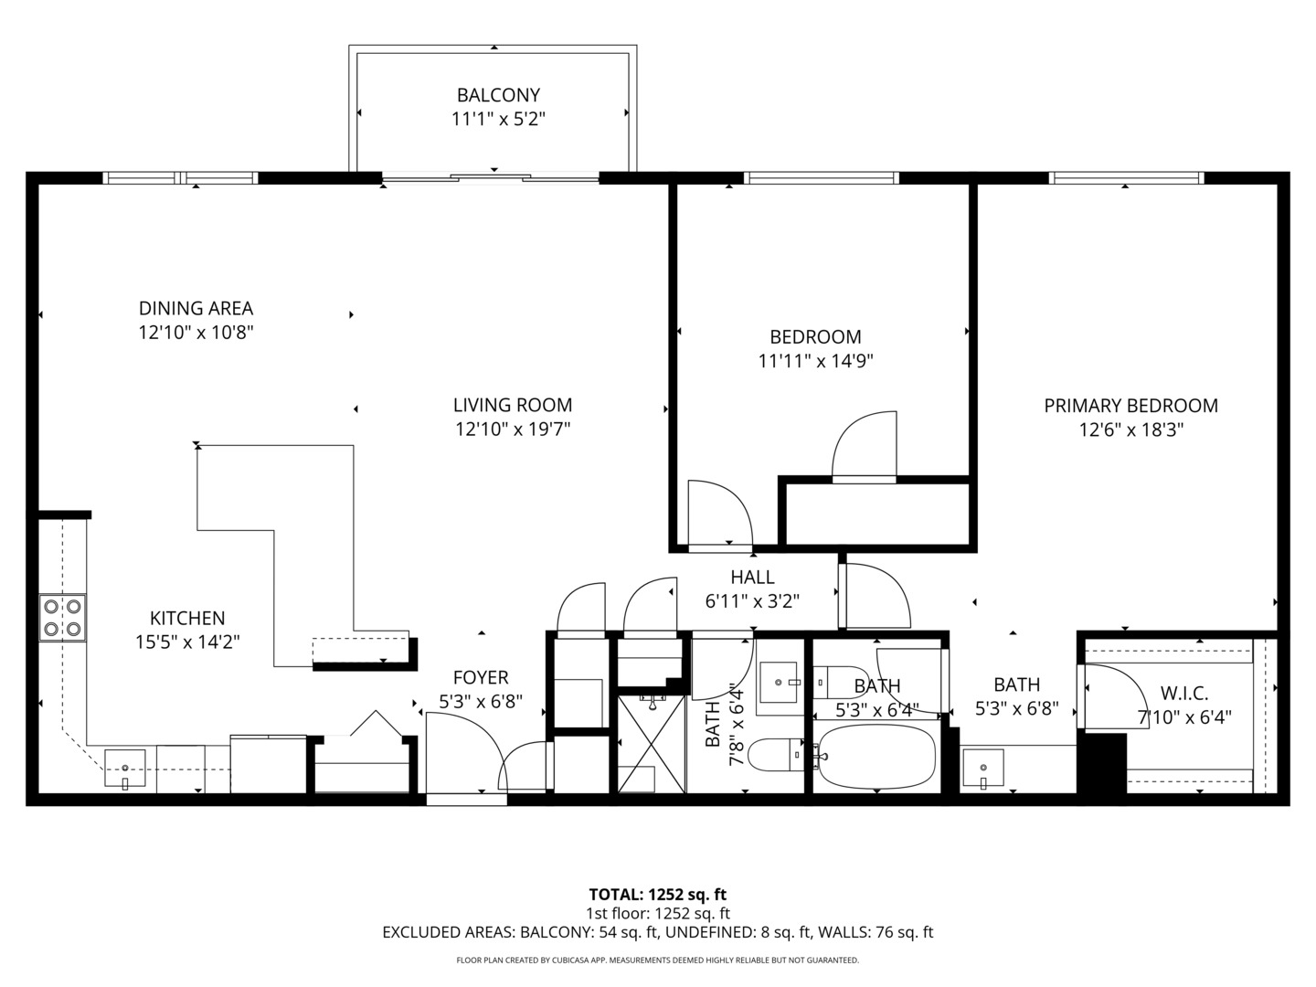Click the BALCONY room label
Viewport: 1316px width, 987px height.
tap(498, 95)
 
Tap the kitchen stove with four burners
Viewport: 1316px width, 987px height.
tap(62, 617)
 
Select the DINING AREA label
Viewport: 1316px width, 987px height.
tap(196, 309)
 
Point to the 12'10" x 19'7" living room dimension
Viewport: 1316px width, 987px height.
tap(513, 430)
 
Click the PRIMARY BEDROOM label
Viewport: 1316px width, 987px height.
tap(1130, 406)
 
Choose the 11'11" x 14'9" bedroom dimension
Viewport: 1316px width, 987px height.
tap(815, 361)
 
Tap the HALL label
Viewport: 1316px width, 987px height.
tap(752, 578)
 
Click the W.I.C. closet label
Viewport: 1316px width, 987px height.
tap(1183, 694)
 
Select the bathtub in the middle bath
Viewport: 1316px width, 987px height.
tap(876, 757)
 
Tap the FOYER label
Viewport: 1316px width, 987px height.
tap(481, 678)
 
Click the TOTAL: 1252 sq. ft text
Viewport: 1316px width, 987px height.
tap(657, 895)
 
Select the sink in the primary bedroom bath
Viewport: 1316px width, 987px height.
tap(982, 765)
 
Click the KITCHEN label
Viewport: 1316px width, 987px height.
tap(187, 619)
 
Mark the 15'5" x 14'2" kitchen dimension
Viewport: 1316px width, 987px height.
tap(187, 642)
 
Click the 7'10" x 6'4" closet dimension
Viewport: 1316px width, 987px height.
tap(1183, 717)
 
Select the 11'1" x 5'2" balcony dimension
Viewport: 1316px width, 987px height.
tap(498, 119)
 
